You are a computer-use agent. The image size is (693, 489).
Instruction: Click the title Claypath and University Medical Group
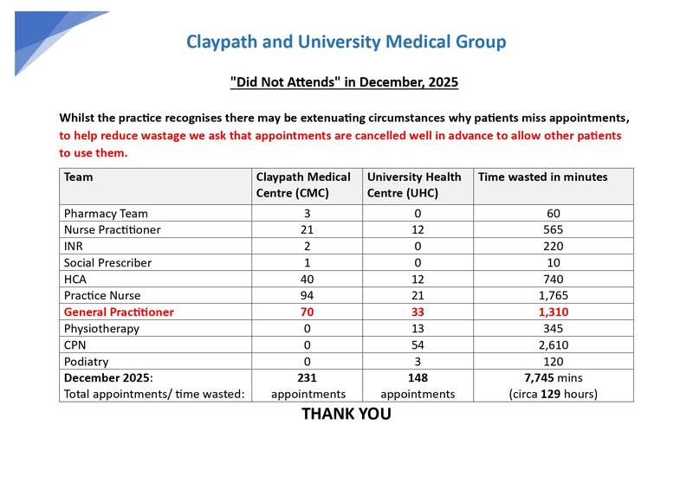tap(346, 42)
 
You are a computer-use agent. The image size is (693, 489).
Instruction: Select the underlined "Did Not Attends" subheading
tap(344, 82)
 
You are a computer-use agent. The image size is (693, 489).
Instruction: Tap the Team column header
tap(79, 177)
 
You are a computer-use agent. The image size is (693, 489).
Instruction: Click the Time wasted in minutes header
tap(543, 177)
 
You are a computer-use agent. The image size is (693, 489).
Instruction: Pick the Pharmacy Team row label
tap(106, 213)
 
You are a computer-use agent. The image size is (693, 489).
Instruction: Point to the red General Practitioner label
tap(119, 312)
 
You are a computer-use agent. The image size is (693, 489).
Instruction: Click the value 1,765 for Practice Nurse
tap(554, 295)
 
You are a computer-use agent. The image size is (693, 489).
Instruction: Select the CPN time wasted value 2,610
tap(554, 344)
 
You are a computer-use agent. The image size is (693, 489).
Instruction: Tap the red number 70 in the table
tap(307, 312)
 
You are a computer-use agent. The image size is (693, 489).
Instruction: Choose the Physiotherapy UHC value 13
tap(418, 328)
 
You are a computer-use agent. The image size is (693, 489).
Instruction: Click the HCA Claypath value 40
tap(307, 279)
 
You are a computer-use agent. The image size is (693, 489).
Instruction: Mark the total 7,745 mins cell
tap(554, 378)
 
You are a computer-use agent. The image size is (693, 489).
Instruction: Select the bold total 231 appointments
tap(307, 378)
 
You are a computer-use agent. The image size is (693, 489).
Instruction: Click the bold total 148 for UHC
tap(418, 378)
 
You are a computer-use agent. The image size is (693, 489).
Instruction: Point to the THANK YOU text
tap(346, 414)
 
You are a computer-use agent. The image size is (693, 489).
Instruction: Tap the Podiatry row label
tap(87, 361)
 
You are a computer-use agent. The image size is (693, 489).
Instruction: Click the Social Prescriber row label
tap(107, 262)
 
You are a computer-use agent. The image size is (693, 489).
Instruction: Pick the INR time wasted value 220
tap(554, 246)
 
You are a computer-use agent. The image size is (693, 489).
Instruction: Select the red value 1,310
tap(554, 312)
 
